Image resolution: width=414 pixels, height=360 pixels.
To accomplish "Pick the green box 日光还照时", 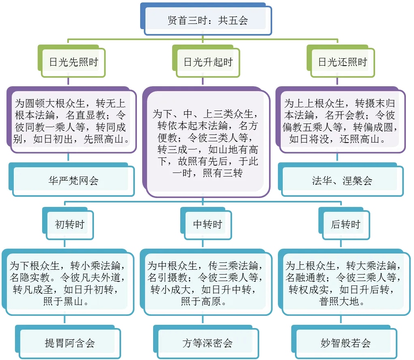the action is coord(343,62).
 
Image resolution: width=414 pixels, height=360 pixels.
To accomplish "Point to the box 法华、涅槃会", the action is coord(342,181).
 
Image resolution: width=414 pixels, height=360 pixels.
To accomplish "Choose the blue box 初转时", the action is coord(69,224).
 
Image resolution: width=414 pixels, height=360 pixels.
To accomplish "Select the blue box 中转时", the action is coord(208,224).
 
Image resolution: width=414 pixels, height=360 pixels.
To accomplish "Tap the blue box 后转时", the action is coord(346,224).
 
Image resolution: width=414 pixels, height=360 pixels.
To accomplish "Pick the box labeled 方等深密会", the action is coord(208,343).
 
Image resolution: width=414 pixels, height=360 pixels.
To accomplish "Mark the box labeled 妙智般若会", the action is coord(346,343).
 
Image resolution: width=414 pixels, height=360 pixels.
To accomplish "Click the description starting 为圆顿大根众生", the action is coord(71,121).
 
